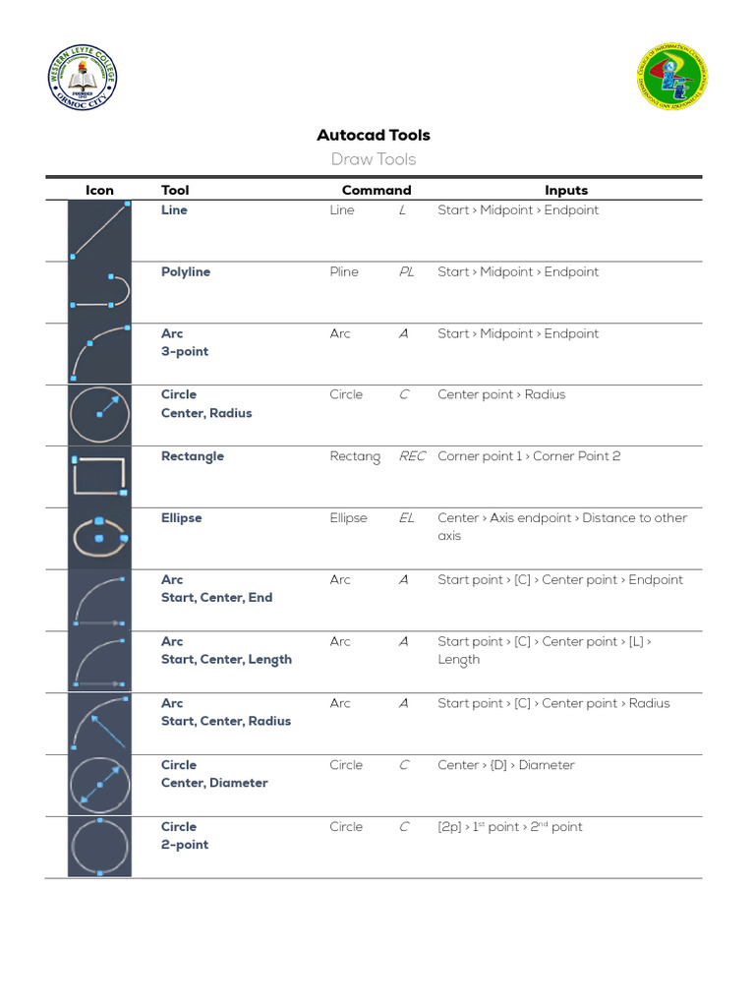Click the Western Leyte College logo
[83, 79]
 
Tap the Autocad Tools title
[373, 136]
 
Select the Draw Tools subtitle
[373, 159]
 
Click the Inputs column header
[566, 191]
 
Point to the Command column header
[376, 191]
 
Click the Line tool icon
[99, 231]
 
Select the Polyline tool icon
[99, 292]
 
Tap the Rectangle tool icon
[99, 477]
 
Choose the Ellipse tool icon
[99, 538]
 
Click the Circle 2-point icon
[99, 847]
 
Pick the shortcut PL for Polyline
[406, 272]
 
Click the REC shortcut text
[412, 457]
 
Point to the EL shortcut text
[406, 518]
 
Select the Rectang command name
[355, 457]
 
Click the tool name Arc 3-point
[185, 342]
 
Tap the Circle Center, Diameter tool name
[213, 774]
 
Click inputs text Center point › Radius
[501, 395]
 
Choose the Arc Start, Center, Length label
[226, 650]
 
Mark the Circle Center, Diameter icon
[99, 785]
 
